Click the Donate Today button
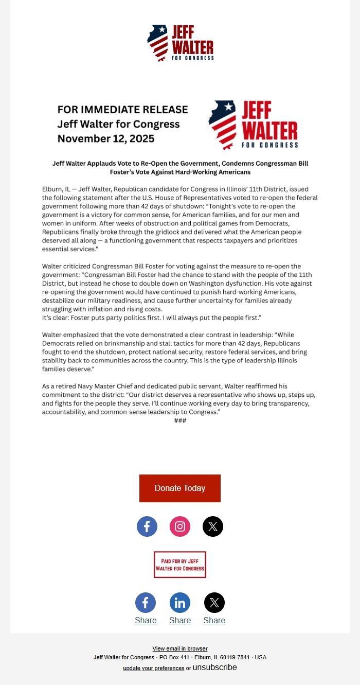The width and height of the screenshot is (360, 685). (180, 488)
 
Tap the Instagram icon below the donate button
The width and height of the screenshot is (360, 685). (180, 526)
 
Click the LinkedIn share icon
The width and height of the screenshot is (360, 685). (180, 603)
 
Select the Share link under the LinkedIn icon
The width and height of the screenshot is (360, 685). (180, 621)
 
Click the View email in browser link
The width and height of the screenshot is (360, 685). (180, 648)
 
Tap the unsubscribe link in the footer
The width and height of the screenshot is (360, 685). (215, 668)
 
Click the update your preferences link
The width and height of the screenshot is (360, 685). (153, 668)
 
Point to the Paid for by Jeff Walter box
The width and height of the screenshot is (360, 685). (180, 565)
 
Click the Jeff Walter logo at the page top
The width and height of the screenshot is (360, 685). (180, 43)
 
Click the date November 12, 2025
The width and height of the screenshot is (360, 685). (106, 138)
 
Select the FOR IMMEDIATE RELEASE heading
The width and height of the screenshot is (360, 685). (122, 110)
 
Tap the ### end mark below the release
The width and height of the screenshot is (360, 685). (180, 420)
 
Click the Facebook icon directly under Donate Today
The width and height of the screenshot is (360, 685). (147, 526)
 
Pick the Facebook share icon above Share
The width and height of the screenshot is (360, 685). (146, 603)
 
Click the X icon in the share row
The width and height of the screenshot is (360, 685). (214, 603)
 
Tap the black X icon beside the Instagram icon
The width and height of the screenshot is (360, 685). (213, 526)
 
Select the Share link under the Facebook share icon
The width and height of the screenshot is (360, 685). (146, 621)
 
